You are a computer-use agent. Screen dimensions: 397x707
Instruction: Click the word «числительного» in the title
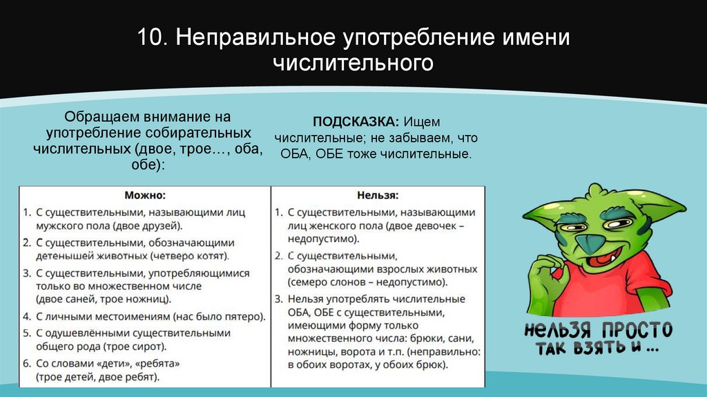[353, 63]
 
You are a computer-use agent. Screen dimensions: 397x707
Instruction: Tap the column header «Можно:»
[145, 196]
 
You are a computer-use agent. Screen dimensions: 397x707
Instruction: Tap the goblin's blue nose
[588, 243]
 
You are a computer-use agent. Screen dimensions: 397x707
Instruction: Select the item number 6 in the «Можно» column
[26, 362]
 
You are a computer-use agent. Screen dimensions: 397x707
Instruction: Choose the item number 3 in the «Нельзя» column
[278, 299]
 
